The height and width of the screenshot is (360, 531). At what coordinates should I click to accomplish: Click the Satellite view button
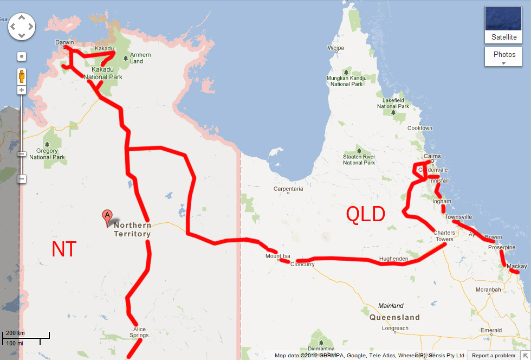coord(504,25)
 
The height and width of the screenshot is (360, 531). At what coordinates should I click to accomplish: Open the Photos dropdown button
coord(504,56)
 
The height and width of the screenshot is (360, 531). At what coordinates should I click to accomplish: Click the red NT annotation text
coord(64,249)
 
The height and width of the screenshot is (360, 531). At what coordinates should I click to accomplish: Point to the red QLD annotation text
coord(366,215)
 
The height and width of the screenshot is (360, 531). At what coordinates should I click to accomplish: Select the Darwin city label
coord(64,42)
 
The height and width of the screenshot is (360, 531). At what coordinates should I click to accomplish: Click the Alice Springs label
coord(139,332)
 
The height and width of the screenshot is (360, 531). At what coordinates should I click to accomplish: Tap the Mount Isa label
coord(277,256)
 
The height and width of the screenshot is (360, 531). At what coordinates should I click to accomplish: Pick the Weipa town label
coord(336,48)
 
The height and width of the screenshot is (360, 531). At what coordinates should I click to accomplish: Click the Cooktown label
coord(420,128)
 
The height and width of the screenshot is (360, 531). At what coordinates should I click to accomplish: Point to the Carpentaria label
coord(288,189)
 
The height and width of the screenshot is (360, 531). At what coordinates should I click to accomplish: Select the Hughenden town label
coord(393,259)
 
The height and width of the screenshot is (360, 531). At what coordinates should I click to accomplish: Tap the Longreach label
coord(395,328)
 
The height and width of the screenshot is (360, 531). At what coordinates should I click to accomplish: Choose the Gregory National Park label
coord(47,154)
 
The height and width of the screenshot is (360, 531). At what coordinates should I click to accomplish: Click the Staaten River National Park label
coord(359,159)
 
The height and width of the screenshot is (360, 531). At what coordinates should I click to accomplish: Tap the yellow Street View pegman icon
coord(22,76)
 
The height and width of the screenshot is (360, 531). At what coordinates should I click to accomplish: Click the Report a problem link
coord(493,356)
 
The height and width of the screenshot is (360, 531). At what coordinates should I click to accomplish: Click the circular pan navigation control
coord(22,26)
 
